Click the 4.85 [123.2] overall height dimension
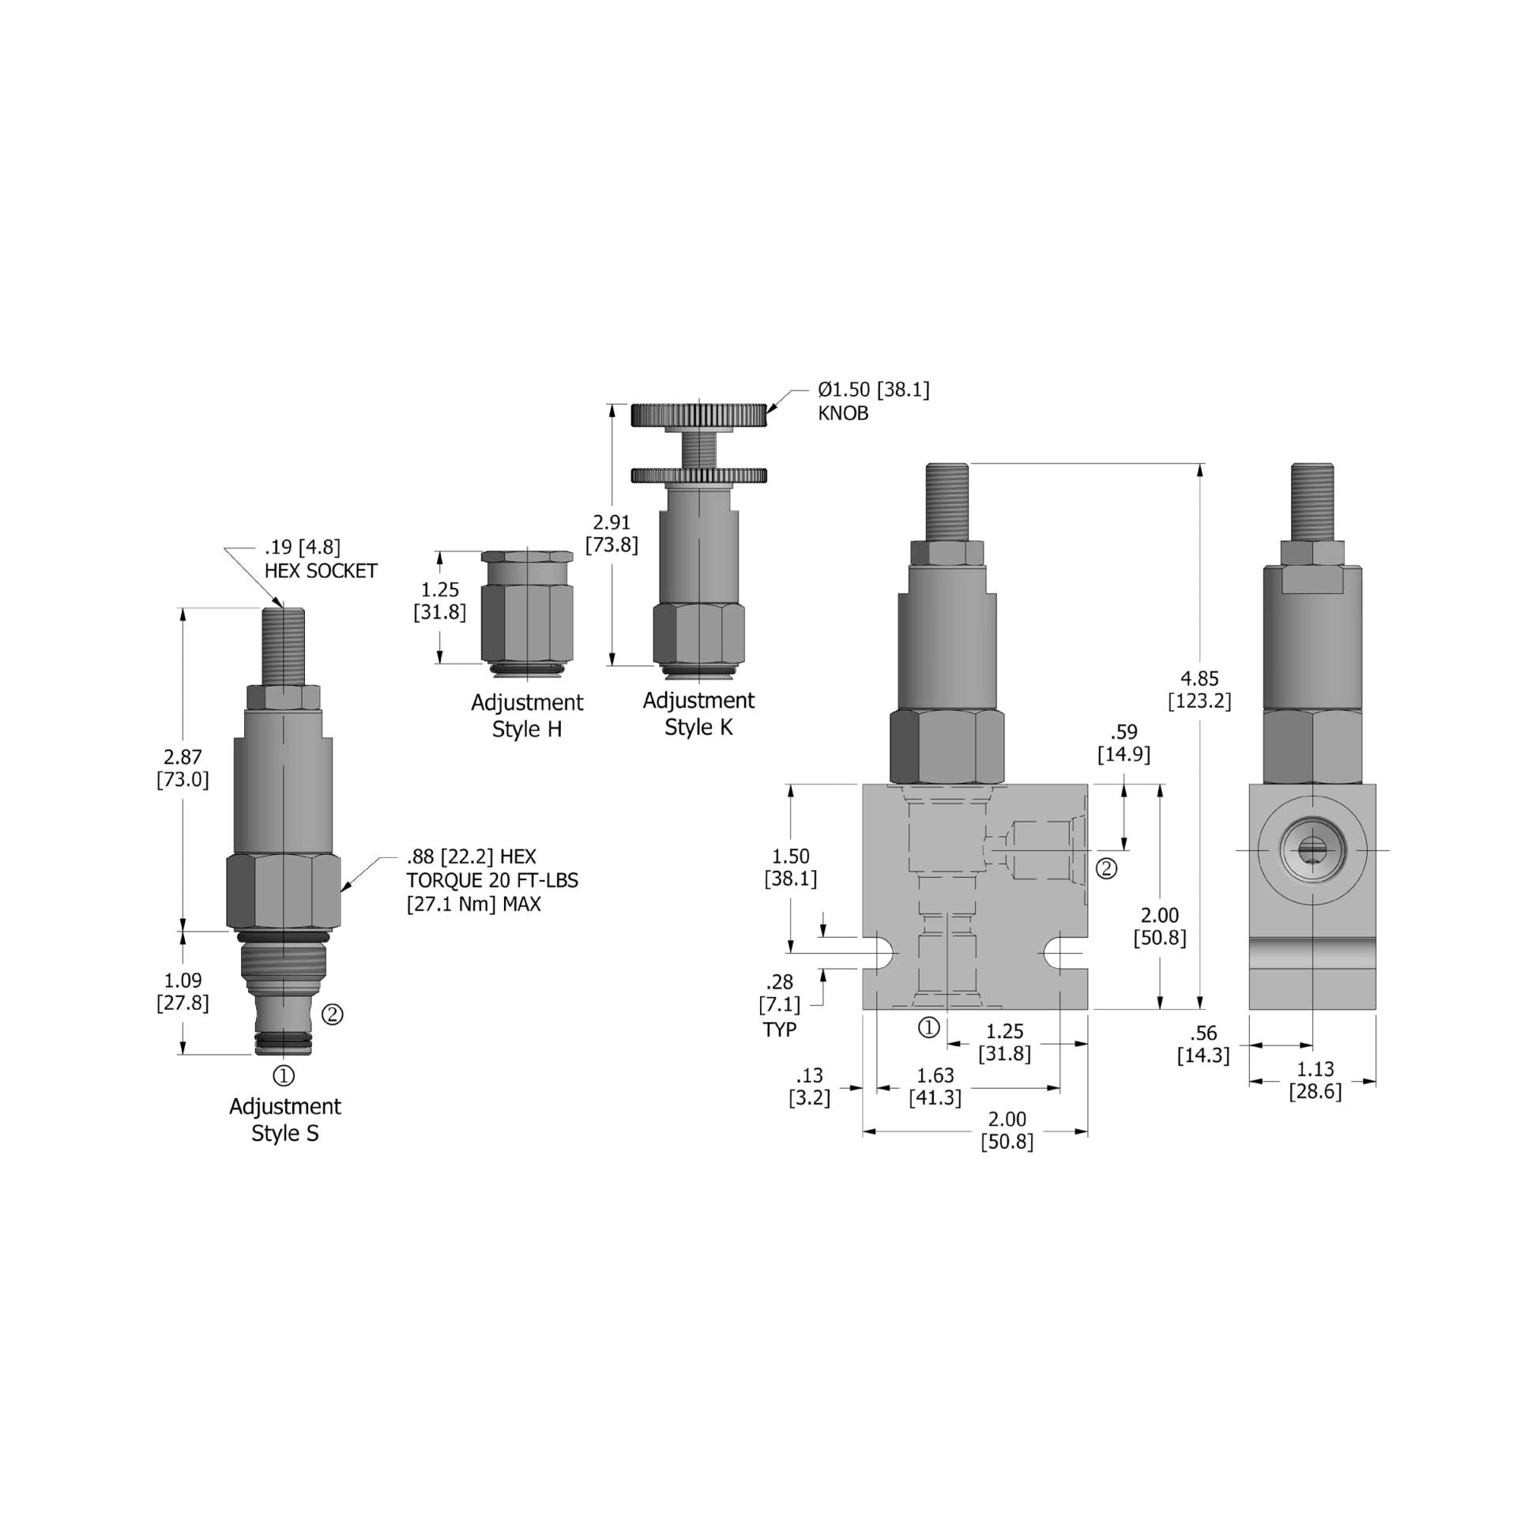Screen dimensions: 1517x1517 tap(1199, 689)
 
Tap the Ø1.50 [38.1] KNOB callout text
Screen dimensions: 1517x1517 tap(873, 401)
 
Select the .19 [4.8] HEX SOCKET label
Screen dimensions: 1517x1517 tap(320, 559)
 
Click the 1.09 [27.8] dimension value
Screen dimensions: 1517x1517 tap(183, 992)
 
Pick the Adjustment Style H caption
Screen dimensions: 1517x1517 tap(527, 716)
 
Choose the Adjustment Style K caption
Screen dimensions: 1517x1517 tap(698, 713)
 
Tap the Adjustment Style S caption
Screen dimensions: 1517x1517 tap(285, 1120)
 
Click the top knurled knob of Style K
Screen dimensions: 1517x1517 tap(698, 415)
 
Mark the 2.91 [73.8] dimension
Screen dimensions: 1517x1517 tap(612, 534)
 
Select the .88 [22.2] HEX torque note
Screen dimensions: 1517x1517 tap(491, 880)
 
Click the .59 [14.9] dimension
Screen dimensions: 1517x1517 tap(1124, 743)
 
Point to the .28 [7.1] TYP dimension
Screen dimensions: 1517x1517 tap(780, 1005)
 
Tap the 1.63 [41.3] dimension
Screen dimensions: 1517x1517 tap(935, 1086)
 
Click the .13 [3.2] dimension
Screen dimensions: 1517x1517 tap(809, 1086)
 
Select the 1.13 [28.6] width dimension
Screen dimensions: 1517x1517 tap(1315, 1080)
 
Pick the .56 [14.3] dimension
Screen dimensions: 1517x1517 tap(1203, 1045)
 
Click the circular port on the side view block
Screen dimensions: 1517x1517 tap(1312, 850)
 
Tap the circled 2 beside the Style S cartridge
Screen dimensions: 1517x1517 tap(333, 1014)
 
